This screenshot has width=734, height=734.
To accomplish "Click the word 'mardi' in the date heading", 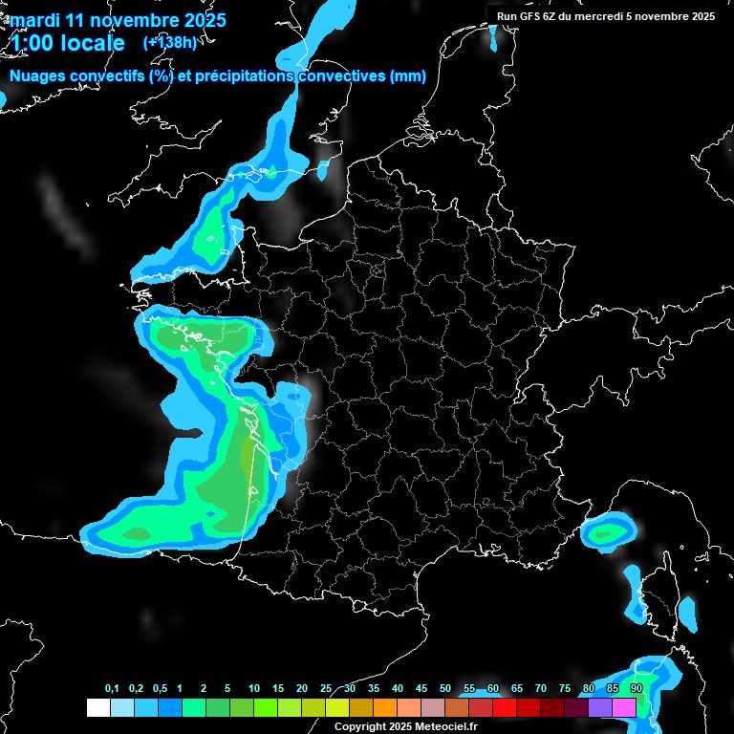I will point(33,20).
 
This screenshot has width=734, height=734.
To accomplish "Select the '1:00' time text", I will point(31,43).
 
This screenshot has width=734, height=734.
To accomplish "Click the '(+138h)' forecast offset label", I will point(170,42).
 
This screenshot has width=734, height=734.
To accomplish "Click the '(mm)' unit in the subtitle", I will point(408,76).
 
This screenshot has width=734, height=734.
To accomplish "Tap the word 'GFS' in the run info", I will point(535,16).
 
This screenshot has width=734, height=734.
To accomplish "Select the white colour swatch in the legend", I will point(97,707).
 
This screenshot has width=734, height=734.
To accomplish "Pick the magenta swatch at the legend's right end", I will point(624,707).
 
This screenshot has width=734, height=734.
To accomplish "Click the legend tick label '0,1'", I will point(112,689).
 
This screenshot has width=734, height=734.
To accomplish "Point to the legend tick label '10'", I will point(253,689).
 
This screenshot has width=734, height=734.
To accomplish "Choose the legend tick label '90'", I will point(637,689).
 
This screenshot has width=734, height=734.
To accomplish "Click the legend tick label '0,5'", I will point(160,689).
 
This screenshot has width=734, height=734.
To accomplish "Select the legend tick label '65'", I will point(517,689).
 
